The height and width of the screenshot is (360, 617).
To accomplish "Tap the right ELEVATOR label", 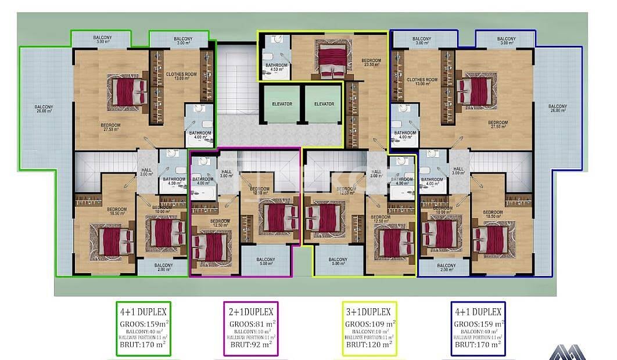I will pyautogui.click(x=324, y=104).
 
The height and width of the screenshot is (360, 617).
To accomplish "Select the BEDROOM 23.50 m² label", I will pyautogui.click(x=371, y=63).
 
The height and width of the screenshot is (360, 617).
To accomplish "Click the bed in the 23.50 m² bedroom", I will pyautogui.click(x=332, y=59).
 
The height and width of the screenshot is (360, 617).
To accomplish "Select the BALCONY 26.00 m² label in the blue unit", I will pyautogui.click(x=557, y=109).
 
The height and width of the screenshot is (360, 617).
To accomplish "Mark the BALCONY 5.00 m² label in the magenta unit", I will pyautogui.click(x=266, y=262).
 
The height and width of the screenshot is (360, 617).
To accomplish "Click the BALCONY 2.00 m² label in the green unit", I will pyautogui.click(x=164, y=267).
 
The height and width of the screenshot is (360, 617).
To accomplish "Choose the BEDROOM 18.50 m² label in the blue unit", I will pyautogui.click(x=492, y=214).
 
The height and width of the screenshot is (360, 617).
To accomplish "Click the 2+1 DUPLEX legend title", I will pyautogui.click(x=252, y=312).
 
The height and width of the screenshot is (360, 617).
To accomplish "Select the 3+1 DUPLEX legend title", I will pyautogui.click(x=367, y=312).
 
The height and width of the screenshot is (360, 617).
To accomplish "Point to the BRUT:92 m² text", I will pyautogui.click(x=252, y=344).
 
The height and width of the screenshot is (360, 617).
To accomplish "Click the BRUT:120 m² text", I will pyautogui.click(x=367, y=344).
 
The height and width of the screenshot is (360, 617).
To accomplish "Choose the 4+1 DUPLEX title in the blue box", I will pyautogui.click(x=478, y=312).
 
